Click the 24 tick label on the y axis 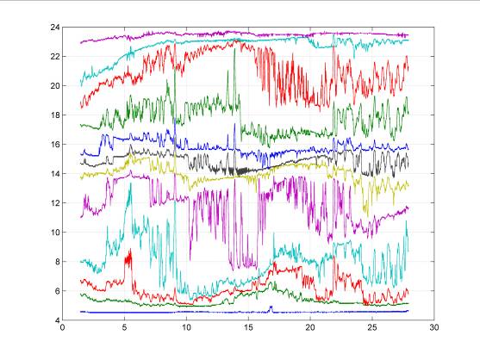[55, 28]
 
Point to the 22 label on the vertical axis [55, 57]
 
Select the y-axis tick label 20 [55, 85]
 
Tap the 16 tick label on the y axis [55, 145]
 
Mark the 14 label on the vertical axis [55, 174]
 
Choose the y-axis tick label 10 [55, 233]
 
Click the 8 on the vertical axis [57, 262]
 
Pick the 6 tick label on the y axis [57, 291]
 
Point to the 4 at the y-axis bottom [57, 320]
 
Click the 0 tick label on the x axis [62, 327]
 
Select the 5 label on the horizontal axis [124, 327]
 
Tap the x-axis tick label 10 [186, 327]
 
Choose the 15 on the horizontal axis [248, 327]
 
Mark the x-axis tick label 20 [310, 327]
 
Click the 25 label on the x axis [372, 327]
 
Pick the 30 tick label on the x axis [434, 327]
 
